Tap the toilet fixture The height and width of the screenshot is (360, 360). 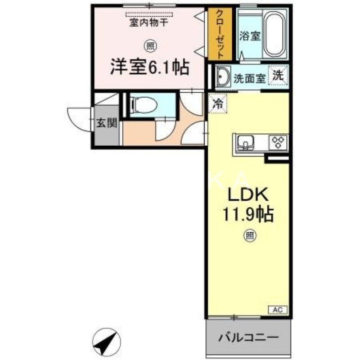[x=144, y=105]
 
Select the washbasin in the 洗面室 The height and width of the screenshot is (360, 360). [x=222, y=77]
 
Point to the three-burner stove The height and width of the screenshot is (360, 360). [x=279, y=142]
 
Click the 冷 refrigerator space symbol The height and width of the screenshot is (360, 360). [x=218, y=104]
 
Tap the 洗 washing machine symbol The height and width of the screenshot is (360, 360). [x=279, y=75]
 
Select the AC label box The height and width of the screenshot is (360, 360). [x=278, y=310]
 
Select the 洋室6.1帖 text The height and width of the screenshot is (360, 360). [x=150, y=68]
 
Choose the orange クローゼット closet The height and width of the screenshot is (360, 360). [x=220, y=34]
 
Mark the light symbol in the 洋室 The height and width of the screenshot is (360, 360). [x=148, y=45]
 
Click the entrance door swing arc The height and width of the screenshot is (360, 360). [x=77, y=119]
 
